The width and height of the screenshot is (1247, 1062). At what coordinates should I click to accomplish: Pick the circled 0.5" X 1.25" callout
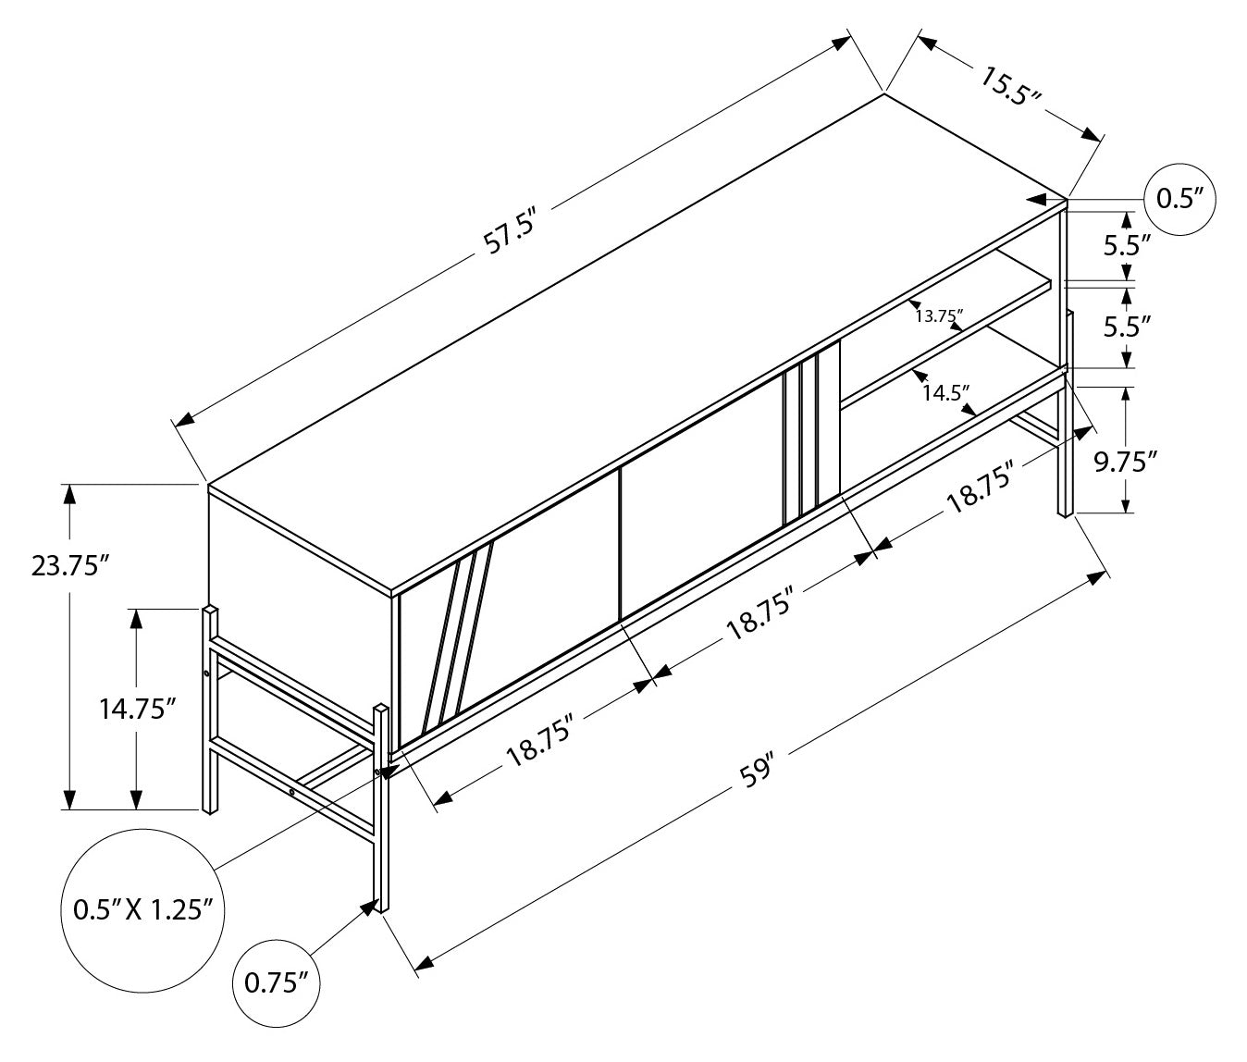click(143, 908)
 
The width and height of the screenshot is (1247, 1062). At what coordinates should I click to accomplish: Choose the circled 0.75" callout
click(277, 983)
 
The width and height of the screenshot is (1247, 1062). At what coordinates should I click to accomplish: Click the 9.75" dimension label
click(1126, 462)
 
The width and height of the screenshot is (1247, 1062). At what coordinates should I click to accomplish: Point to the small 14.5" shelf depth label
click(945, 392)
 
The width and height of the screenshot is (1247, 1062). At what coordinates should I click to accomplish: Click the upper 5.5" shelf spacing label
click(1127, 245)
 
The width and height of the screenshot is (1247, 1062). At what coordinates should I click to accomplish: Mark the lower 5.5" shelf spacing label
click(1127, 326)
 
